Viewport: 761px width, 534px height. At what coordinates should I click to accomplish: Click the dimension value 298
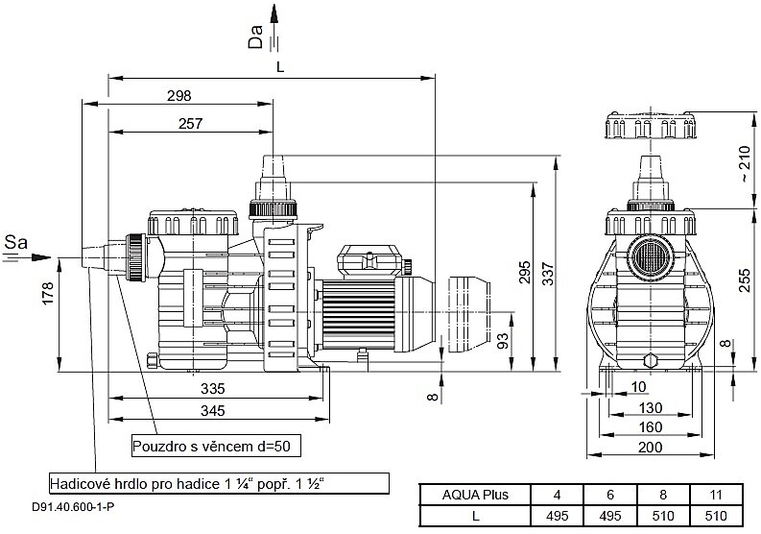point(178,95)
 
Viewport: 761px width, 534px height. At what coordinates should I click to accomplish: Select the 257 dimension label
point(191,123)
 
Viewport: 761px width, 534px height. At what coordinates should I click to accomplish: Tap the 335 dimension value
point(213,388)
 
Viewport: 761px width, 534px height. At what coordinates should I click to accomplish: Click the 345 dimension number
point(213,411)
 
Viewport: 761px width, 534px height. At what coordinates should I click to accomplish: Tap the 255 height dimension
point(745,285)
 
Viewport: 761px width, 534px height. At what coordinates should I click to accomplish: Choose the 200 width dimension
point(651,449)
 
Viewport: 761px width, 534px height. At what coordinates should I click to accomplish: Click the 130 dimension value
point(651,408)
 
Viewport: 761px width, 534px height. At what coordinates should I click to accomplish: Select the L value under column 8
point(664,516)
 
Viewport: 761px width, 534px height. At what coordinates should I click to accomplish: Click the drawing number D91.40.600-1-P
point(72,508)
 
